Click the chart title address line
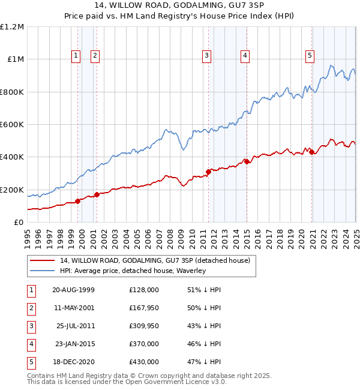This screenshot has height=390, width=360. click(180, 7)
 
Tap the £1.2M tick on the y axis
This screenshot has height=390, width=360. click(12, 27)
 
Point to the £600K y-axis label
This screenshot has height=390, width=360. click(12, 125)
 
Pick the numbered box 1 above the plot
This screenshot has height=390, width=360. click(76, 56)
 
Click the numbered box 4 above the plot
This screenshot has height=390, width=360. click(245, 56)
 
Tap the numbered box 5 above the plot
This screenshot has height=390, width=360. click(310, 56)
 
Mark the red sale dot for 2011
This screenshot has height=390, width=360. click(208, 172)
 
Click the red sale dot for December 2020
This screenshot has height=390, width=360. click(312, 152)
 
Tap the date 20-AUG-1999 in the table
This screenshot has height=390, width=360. click(73, 290)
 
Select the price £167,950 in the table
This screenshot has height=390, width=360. click(143, 308)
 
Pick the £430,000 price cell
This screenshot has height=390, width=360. click(143, 362)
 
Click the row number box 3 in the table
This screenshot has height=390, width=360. click(31, 326)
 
